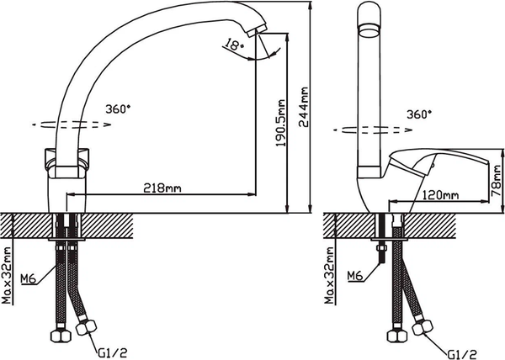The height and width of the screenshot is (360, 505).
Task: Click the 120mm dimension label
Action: point(441,194)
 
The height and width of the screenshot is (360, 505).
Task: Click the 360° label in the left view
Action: point(119,109)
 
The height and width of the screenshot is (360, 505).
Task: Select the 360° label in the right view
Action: point(418,114)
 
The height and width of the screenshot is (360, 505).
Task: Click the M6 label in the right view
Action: point(354,275)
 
